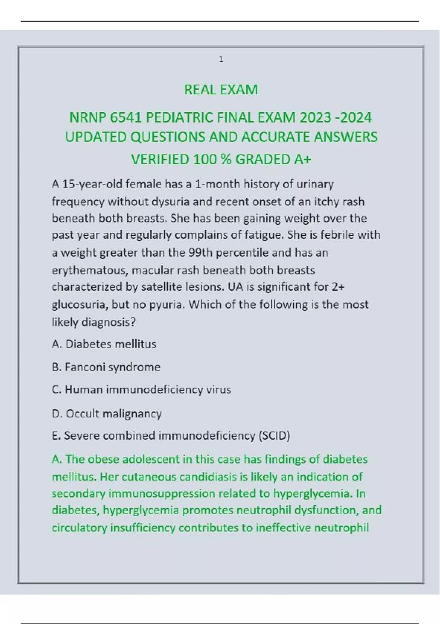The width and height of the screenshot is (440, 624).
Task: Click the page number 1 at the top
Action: (x=221, y=59)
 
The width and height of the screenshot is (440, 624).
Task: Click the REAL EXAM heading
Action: (x=221, y=90)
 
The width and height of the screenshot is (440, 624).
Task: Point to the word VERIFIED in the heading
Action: (x=160, y=160)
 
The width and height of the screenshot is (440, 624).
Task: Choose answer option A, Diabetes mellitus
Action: (x=104, y=344)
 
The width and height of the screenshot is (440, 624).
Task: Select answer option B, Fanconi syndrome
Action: (x=106, y=367)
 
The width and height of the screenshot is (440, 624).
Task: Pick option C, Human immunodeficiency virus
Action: (x=142, y=390)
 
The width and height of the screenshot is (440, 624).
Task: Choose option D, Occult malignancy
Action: (x=107, y=414)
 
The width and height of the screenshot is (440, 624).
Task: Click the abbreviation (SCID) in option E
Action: (x=274, y=436)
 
